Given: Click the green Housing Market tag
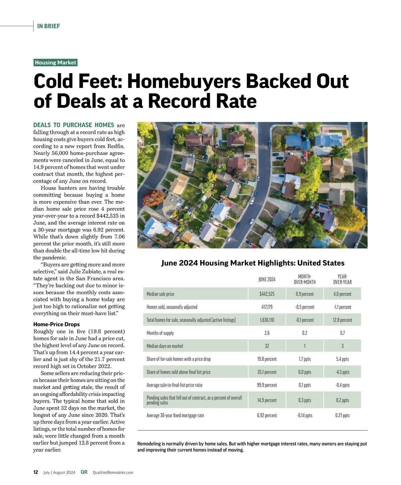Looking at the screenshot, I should pyautogui.click(x=55, y=63).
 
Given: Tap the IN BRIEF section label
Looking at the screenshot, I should pyautogui.click(x=48, y=26).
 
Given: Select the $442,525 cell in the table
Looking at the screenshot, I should pyautogui.click(x=267, y=294).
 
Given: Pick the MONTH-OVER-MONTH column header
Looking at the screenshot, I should pyautogui.click(x=304, y=279).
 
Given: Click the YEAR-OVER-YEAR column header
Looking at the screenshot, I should pyautogui.click(x=342, y=279).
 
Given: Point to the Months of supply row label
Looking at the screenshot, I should pyautogui.click(x=160, y=333).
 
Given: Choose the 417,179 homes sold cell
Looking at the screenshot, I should pyautogui.click(x=267, y=307).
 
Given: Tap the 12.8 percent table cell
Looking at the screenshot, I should pyautogui.click(x=342, y=320).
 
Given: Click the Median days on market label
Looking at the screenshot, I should pyautogui.click(x=165, y=346).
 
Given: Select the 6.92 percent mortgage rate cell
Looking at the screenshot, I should pyautogui.click(x=267, y=415).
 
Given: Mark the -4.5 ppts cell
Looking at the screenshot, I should pyautogui.click(x=342, y=372).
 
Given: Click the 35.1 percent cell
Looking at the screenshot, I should pyautogui.click(x=267, y=372).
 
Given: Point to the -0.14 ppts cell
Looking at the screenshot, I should pyautogui.click(x=304, y=415).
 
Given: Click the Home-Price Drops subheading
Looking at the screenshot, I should pyautogui.click(x=56, y=324).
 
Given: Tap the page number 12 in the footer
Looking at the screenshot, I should pyautogui.click(x=36, y=472).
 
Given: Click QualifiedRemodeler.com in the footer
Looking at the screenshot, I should pyautogui.click(x=113, y=473).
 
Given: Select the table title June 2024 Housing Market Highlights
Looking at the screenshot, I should pyautogui.click(x=253, y=263).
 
